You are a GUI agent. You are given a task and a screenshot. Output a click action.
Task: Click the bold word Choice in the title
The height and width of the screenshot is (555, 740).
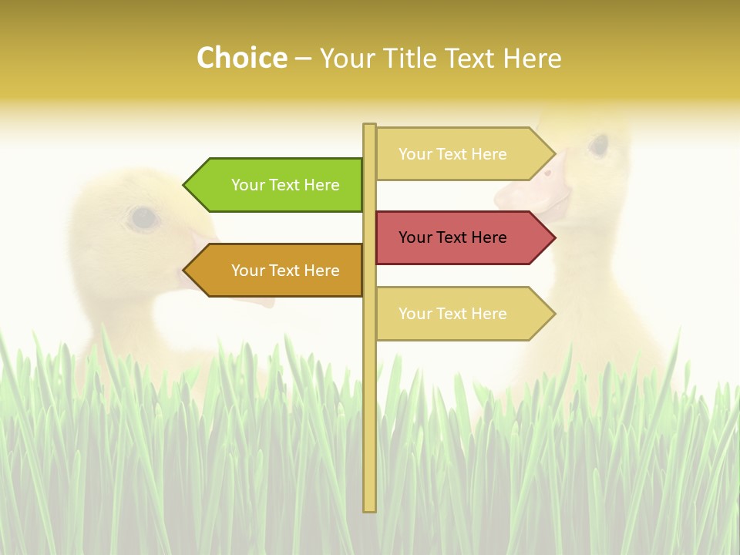(241, 58)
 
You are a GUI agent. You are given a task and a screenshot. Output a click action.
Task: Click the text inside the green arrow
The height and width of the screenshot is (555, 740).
(285, 185)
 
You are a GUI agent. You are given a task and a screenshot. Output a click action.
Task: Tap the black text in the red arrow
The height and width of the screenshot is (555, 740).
(452, 237)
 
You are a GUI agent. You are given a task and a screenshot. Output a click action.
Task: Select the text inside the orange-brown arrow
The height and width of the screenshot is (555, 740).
(285, 271)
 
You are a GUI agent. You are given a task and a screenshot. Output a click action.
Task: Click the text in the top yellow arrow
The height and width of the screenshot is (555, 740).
(452, 154)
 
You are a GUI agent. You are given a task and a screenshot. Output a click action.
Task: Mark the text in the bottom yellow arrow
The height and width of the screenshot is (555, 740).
(452, 314)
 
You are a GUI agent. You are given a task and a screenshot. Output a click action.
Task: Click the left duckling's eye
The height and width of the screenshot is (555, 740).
(143, 218)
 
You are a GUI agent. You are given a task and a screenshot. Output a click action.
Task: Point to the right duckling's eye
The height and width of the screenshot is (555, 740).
(598, 145)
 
